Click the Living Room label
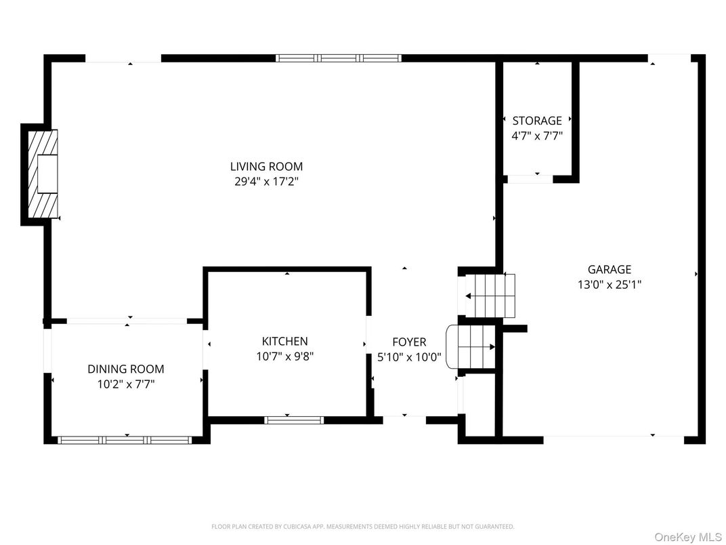[x=266, y=166]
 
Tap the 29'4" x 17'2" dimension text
[x=266, y=182]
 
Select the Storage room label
[x=536, y=121]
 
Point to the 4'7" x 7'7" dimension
[x=536, y=136]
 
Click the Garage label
[x=609, y=269]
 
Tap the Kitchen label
[x=284, y=341]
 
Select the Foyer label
[x=409, y=342]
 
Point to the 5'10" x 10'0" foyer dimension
[x=409, y=357]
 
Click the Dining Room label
[x=125, y=369]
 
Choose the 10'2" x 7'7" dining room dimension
[x=125, y=384]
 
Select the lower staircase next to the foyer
[x=473, y=346]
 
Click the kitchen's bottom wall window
[x=294, y=420]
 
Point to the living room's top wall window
[x=339, y=58]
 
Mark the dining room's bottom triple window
[x=126, y=440]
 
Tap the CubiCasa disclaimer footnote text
[x=363, y=526]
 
